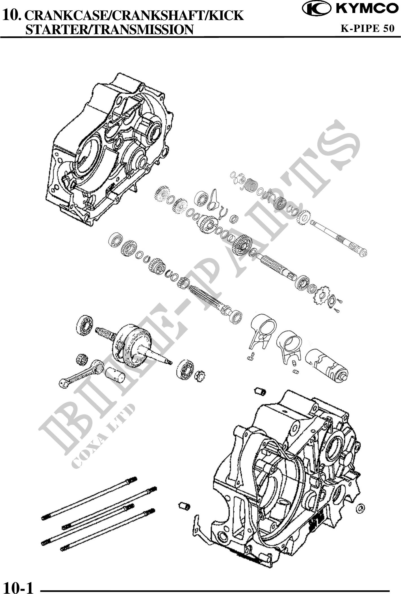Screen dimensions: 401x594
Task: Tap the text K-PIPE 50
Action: click(x=368, y=28)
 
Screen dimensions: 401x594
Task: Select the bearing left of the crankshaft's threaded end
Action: click(x=85, y=325)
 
